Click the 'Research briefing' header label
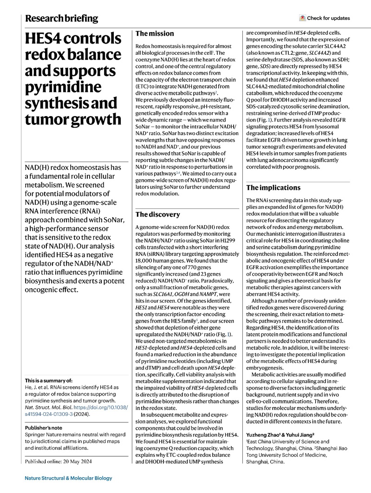click(61, 19)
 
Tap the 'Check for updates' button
click(325, 19)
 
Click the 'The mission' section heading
click(155, 33)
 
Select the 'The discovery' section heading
click(157, 214)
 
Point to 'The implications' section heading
click(274, 188)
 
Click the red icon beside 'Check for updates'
click(302, 19)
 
